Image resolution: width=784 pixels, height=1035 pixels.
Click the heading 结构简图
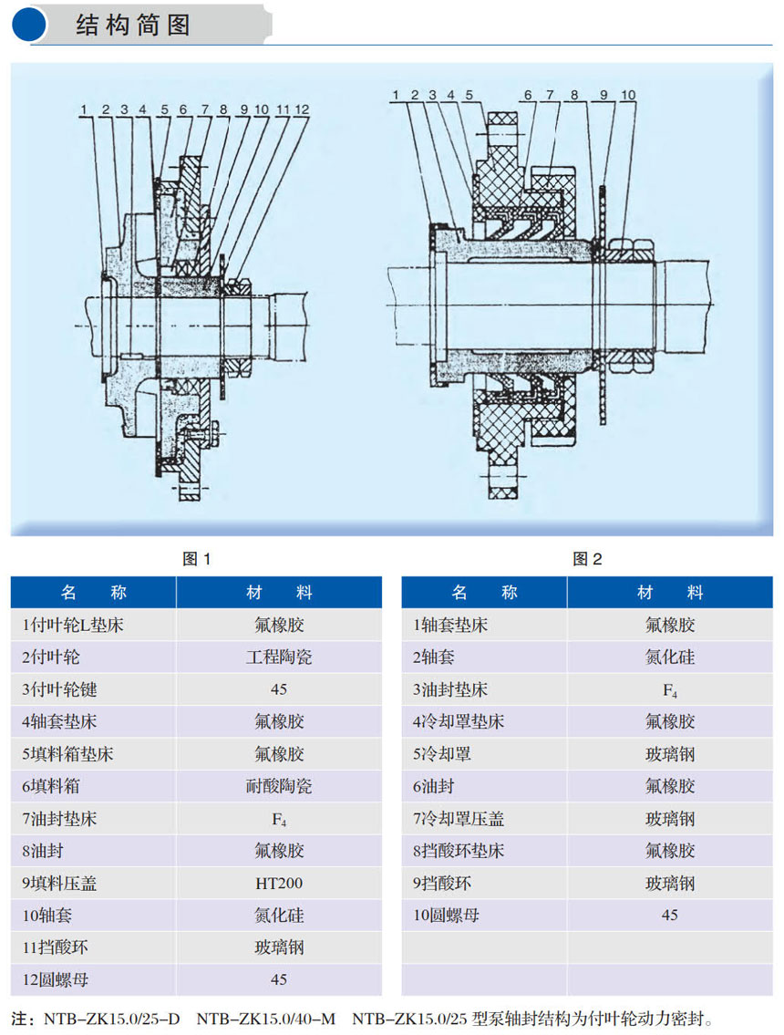[x=133, y=26]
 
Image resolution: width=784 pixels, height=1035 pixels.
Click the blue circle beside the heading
[x=28, y=25]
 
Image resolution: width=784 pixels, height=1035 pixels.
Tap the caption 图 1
[x=196, y=559]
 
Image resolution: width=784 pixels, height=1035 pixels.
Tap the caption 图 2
[x=587, y=559]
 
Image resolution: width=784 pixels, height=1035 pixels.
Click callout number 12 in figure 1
[x=302, y=109]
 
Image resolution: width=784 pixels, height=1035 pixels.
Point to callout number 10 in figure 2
[x=628, y=95]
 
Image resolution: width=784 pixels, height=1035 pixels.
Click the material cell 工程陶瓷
[x=279, y=657]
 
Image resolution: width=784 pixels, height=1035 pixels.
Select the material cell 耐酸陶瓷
[x=279, y=786]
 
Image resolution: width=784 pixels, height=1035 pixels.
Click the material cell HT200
[x=279, y=883]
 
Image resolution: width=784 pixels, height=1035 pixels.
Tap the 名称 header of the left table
[x=93, y=593]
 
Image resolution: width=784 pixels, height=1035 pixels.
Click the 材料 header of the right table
[x=670, y=593]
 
